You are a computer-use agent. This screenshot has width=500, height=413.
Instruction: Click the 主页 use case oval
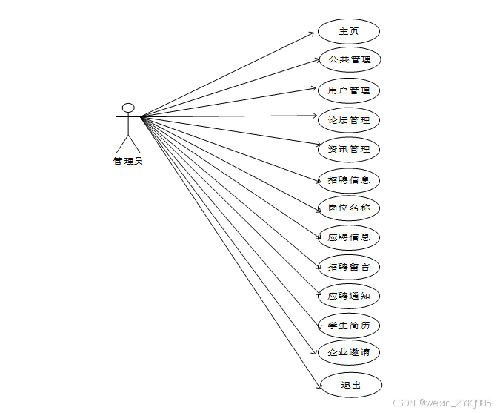pyautogui.click(x=349, y=31)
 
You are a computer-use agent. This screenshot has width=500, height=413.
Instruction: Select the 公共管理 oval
pyautogui.click(x=349, y=59)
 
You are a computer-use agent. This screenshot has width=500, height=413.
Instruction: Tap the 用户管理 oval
pyautogui.click(x=349, y=90)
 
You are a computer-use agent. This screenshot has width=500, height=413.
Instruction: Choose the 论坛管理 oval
pyautogui.click(x=349, y=119)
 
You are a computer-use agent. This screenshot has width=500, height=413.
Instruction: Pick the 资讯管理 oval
pyautogui.click(x=349, y=149)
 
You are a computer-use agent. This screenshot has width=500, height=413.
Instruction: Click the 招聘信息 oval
pyautogui.click(x=349, y=179)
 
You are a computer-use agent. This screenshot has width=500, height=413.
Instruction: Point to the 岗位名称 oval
pyautogui.click(x=349, y=208)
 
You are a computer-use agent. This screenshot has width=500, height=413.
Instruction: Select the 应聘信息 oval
pyautogui.click(x=349, y=237)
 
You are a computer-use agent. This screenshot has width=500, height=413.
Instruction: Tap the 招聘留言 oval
pyautogui.click(x=349, y=266)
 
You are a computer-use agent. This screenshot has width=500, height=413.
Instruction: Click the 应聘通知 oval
pyautogui.click(x=349, y=296)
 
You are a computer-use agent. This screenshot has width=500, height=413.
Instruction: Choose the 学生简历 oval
pyautogui.click(x=349, y=325)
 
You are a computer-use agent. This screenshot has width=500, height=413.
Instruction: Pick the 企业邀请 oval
pyautogui.click(x=349, y=352)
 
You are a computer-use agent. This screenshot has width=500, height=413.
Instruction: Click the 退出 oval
pyautogui.click(x=350, y=385)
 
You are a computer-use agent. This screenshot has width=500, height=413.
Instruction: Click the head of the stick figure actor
pyautogui.click(x=128, y=108)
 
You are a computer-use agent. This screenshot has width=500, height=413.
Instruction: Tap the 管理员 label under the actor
pyautogui.click(x=128, y=161)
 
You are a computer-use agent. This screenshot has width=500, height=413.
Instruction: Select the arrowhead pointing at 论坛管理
pyautogui.click(x=314, y=116)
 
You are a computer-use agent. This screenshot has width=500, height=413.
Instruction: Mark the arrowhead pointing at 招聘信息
pyautogui.click(x=314, y=177)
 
